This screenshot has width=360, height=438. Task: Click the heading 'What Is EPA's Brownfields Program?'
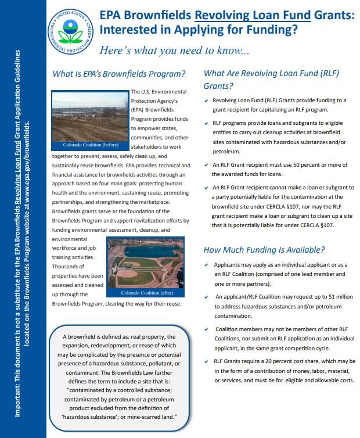pyautogui.click(x=119, y=74)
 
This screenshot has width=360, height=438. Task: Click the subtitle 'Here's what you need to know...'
pyautogui.click(x=174, y=51)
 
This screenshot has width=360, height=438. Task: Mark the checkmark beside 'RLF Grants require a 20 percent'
pyautogui.click(x=207, y=361)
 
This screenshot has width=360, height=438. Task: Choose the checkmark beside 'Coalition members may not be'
pyautogui.click(x=207, y=329)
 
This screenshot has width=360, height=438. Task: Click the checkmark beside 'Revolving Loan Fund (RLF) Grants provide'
pyautogui.click(x=207, y=100)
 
